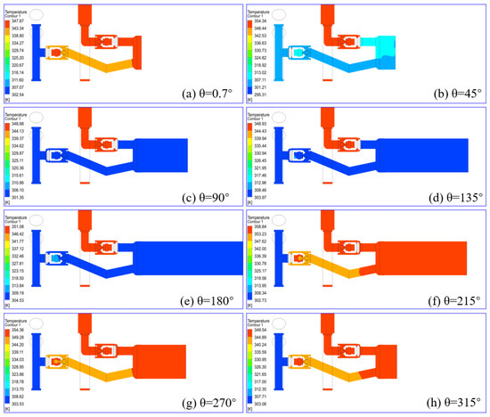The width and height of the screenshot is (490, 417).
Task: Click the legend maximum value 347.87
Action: pos(16,19)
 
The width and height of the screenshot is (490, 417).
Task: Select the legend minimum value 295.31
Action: pos(261,94)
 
